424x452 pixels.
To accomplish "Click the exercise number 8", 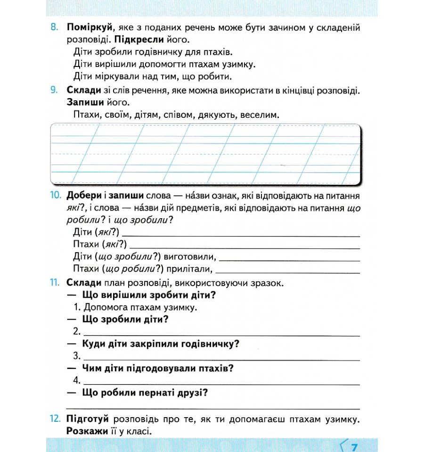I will coord(54,28).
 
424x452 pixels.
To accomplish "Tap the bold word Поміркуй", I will coord(90,28).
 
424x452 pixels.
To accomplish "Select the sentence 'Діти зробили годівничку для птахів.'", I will coord(153,51).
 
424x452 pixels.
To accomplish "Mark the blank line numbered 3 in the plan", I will coord(221,357).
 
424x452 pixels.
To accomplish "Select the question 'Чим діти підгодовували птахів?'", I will coord(158,368).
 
